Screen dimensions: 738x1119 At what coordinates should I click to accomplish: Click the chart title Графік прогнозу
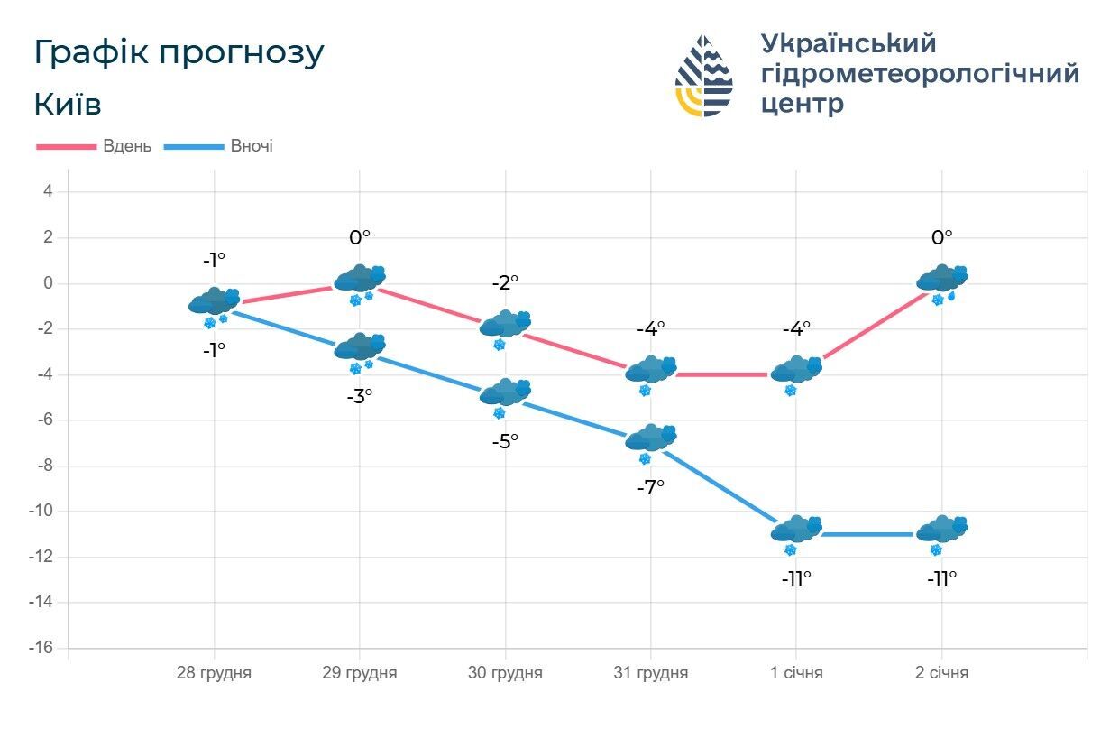179,53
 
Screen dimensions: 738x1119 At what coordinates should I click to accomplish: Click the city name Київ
68,105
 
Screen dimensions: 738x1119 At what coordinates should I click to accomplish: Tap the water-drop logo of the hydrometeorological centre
704,76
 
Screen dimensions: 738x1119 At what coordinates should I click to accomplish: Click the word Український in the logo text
848,43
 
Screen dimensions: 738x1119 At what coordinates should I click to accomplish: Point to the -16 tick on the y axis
42,648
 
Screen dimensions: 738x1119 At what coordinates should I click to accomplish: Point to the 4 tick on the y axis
49,191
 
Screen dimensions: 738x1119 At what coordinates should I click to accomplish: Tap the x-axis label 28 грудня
214,673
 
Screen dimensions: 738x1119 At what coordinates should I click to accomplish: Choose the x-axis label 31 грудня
650,673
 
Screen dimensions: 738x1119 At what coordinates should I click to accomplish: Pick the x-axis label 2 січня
941,673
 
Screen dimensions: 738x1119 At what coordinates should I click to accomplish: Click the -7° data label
650,486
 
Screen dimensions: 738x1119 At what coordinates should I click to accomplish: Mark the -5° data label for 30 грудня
505,441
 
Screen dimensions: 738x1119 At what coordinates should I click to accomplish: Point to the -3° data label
360,395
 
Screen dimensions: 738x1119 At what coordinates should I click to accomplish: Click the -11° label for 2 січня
941,578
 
